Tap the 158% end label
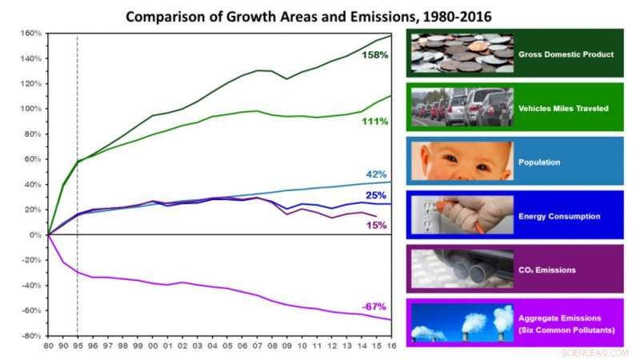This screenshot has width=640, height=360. [x=374, y=55]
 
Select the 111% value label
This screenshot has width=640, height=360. [x=374, y=121]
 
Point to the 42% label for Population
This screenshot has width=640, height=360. [x=376, y=174]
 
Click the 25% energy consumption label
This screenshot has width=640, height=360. [x=376, y=195]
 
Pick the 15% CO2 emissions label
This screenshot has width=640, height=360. [x=376, y=226]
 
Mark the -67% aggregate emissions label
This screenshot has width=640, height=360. [x=374, y=307]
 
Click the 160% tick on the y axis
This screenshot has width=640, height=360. [x=30, y=34]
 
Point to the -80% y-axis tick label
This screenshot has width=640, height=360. [x=30, y=336]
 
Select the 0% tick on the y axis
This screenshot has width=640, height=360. [x=34, y=235]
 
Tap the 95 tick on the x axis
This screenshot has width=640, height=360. [x=77, y=345]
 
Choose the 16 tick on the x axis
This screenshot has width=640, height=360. [x=390, y=345]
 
